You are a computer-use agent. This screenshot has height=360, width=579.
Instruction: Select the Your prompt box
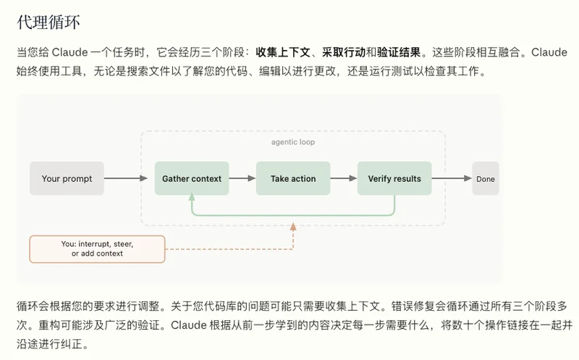click(67, 178)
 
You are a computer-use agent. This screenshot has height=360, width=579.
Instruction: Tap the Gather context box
click(191, 178)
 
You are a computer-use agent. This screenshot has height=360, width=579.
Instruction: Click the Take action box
click(292, 178)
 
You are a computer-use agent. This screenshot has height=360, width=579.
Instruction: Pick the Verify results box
click(394, 178)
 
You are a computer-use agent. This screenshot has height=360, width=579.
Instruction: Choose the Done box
click(486, 178)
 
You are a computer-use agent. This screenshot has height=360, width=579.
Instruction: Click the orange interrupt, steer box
click(97, 248)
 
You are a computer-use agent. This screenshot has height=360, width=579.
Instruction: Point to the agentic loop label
click(292, 142)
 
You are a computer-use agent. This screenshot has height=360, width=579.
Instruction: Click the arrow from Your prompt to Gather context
click(128, 178)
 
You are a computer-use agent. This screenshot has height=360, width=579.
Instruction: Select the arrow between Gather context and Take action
click(242, 178)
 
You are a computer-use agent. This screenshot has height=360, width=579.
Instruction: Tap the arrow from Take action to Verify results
click(343, 178)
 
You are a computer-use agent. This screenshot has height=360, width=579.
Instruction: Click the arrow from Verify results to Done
click(452, 178)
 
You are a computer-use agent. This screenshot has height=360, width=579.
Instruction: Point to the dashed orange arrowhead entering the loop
click(293, 227)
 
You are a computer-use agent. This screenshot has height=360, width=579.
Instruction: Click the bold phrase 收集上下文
click(284, 52)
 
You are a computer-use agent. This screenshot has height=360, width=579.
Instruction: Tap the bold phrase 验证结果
click(399, 52)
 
